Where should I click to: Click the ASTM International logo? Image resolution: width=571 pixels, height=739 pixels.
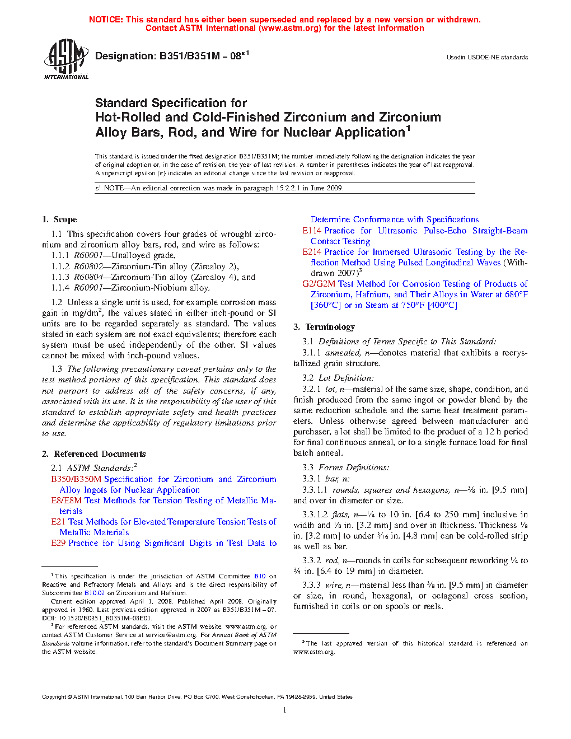tap(66, 59)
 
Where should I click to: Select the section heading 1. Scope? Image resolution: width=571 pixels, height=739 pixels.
tap(59, 219)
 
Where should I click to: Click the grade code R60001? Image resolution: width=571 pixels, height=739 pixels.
tap(88, 255)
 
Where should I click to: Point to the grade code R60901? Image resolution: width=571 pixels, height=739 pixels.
tap(88, 288)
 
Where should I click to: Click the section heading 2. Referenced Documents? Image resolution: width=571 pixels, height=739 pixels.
tap(94, 454)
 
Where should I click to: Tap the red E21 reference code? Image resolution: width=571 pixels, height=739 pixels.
tap(58, 522)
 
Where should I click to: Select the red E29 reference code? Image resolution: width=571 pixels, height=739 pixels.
tap(58, 543)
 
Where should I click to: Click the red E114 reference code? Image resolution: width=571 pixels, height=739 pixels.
tap(312, 231)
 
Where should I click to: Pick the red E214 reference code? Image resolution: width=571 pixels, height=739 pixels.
tap(312, 252)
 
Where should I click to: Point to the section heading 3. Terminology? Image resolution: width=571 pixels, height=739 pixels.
tap(324, 327)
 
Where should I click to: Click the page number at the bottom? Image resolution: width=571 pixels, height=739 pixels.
tap(285, 710)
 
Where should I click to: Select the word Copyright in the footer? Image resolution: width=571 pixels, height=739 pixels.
tap(54, 697)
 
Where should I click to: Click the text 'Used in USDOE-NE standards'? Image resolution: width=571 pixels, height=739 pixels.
tap(487, 57)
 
